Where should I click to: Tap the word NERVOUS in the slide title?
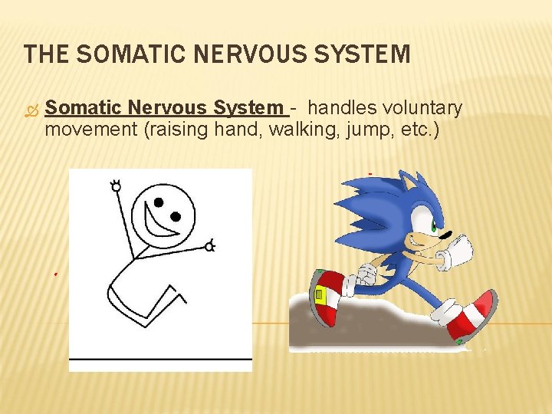pyautogui.click(x=241, y=55)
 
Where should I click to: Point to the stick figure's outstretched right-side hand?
pyautogui.click(x=209, y=245)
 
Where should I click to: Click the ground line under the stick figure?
pyautogui.click(x=160, y=359)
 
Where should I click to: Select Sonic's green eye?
pyautogui.click(x=435, y=227)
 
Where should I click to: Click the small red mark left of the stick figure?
pyautogui.click(x=56, y=272)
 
